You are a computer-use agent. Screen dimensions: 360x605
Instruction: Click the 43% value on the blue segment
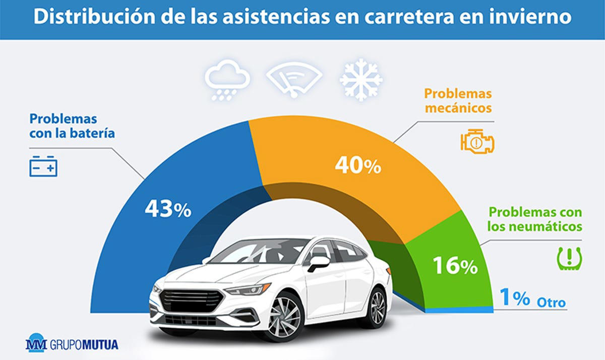click(x=168, y=209)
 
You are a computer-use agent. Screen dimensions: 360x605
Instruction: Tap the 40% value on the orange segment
click(x=357, y=166)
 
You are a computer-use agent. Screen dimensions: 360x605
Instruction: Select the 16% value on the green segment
click(x=455, y=266)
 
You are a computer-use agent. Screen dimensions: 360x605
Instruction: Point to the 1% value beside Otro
click(x=515, y=298)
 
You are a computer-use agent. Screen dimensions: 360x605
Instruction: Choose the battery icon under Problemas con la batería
click(x=43, y=166)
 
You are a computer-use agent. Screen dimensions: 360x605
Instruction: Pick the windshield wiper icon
click(x=294, y=79)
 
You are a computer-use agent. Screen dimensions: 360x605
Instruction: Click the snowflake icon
click(x=361, y=80)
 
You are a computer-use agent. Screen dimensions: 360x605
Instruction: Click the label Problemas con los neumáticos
click(x=535, y=219)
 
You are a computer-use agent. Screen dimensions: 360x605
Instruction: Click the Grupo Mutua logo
click(x=72, y=345)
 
